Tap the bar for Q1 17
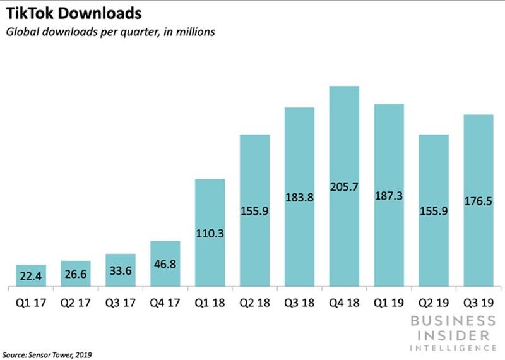point(31,275)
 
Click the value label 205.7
point(344,186)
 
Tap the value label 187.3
point(389,196)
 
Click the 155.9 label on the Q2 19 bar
point(434,212)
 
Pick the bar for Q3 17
point(121,270)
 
